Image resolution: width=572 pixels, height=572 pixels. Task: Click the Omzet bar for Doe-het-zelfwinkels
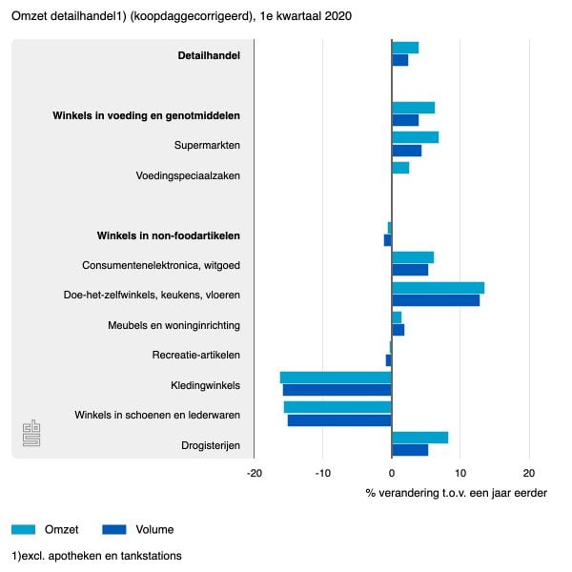click(x=438, y=288)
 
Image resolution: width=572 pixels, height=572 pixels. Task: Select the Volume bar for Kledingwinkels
click(x=337, y=390)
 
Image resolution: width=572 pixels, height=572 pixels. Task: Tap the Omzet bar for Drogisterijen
click(x=419, y=438)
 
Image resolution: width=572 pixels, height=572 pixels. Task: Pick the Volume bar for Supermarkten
click(x=406, y=151)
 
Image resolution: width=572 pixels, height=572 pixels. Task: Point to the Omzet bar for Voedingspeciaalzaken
click(x=400, y=169)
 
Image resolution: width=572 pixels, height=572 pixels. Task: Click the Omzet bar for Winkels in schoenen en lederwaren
click(x=337, y=407)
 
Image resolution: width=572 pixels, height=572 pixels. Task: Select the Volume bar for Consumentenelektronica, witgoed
click(x=410, y=270)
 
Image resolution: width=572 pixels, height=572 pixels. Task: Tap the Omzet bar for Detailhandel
click(x=405, y=48)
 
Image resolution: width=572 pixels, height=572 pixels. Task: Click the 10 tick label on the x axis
click(x=460, y=472)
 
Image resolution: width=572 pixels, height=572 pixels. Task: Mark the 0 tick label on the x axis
click(x=392, y=472)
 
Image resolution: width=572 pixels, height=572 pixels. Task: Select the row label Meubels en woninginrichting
click(x=174, y=325)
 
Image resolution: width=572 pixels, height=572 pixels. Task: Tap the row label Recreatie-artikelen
click(x=195, y=355)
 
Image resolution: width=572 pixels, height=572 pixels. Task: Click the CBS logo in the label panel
click(x=31, y=434)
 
